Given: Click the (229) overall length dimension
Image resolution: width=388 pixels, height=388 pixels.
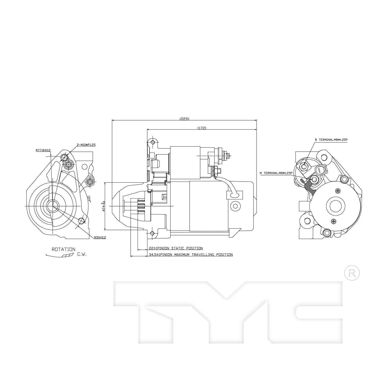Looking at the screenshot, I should pyautogui.click(x=184, y=119).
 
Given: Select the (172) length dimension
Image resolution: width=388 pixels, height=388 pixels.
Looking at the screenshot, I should pyautogui.click(x=202, y=128).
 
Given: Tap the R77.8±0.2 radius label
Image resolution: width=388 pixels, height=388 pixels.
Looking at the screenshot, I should pyautogui.click(x=43, y=150).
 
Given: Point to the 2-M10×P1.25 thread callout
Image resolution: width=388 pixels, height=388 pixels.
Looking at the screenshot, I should pyautogui.click(x=86, y=145).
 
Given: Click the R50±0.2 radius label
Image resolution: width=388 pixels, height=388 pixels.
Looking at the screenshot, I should pyautogui.click(x=100, y=237).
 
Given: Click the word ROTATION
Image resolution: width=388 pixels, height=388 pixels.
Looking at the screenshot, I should pyautogui.click(x=63, y=249).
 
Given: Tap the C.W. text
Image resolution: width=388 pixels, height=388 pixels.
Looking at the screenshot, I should pyautogui.click(x=82, y=254).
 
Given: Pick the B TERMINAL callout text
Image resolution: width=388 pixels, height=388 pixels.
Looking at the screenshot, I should pyautogui.click(x=331, y=140).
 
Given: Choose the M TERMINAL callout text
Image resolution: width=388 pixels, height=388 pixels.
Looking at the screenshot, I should pyautogui.click(x=276, y=173).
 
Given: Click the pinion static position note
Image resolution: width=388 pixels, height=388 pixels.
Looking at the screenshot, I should pyautogui.click(x=176, y=248).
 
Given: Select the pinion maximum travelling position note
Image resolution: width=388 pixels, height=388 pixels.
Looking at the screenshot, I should pyautogui.click(x=191, y=255).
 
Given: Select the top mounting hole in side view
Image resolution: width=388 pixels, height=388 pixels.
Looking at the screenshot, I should pyautogui.click(x=153, y=143).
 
